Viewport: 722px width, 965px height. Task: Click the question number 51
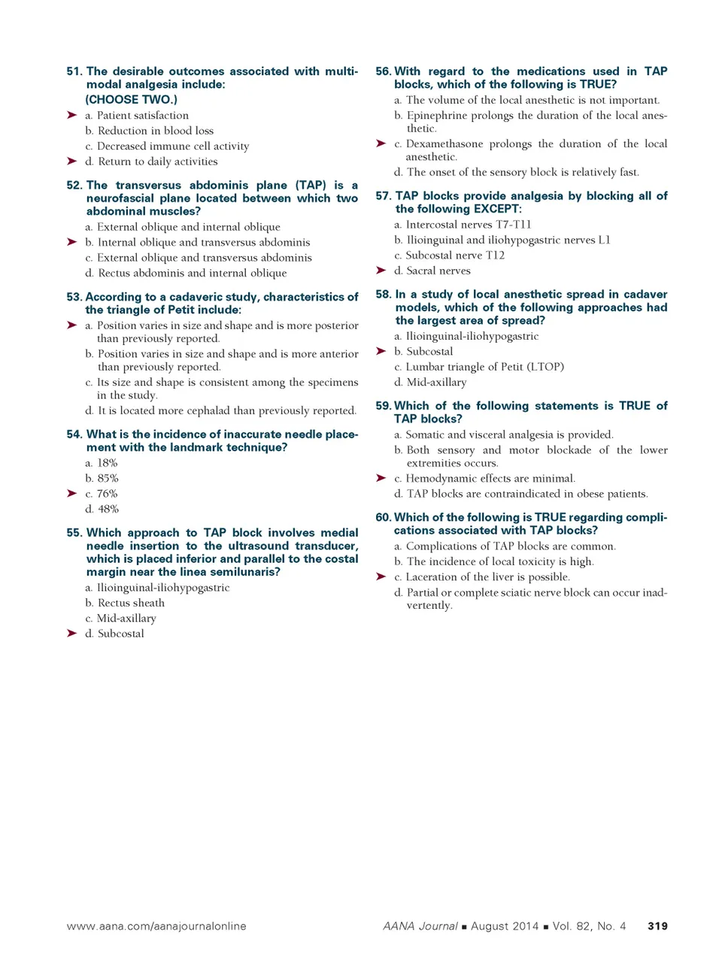74,71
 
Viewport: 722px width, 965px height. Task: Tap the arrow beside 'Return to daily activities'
71,161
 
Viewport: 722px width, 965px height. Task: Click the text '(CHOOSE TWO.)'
131,99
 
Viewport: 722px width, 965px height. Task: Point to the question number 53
74,297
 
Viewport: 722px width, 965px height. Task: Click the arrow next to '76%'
71,493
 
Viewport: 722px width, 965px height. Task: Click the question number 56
383,71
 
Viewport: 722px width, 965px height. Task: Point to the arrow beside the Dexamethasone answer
381,143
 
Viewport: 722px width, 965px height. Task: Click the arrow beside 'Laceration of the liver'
381,576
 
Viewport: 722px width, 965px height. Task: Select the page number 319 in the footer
657,926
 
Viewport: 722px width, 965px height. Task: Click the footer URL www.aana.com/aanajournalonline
156,926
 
